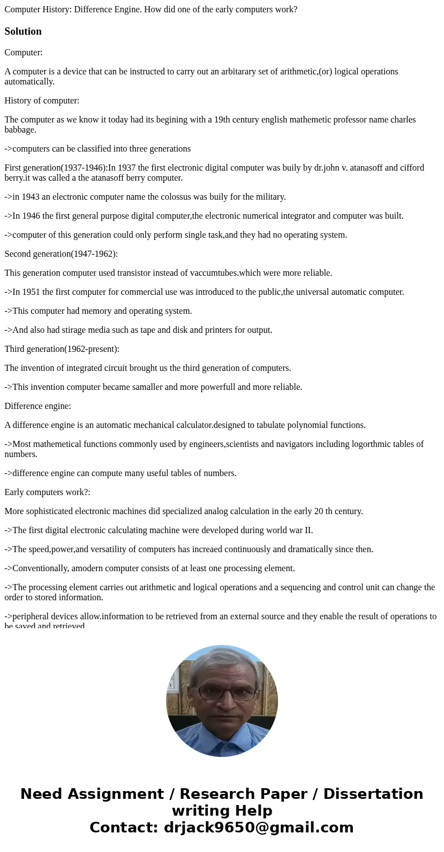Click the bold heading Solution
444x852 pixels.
[x=23, y=31]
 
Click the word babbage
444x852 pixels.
[x=20, y=129]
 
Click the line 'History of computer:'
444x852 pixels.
[x=42, y=101]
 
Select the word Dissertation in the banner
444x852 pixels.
[x=373, y=794]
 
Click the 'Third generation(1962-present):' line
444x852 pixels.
[x=62, y=349]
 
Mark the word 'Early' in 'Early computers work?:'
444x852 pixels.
[x=15, y=492]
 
